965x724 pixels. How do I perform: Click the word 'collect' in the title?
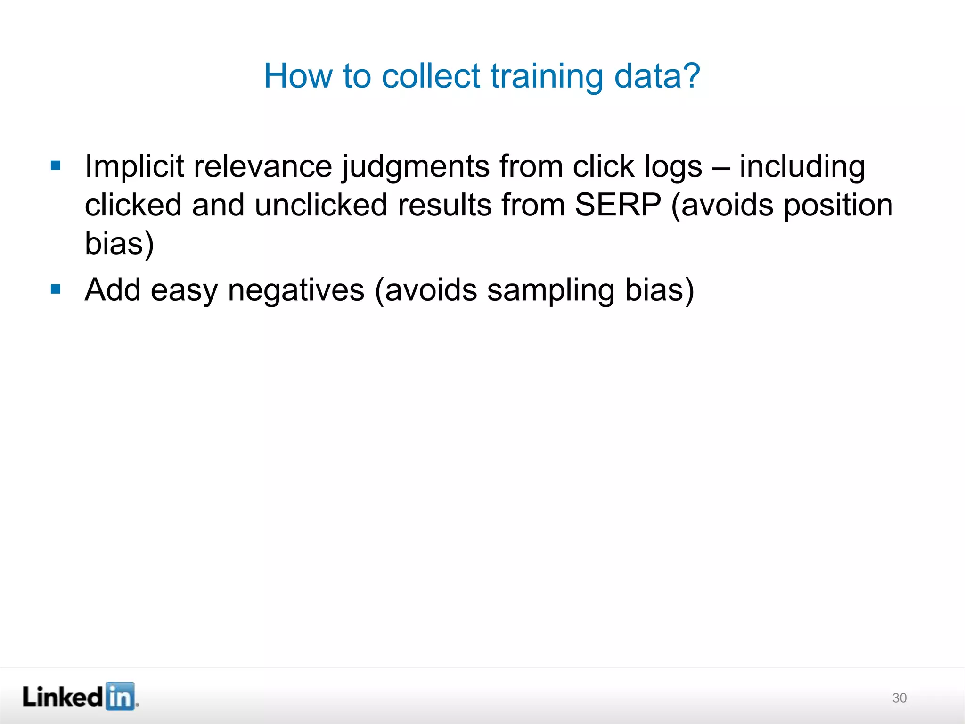[x=430, y=76]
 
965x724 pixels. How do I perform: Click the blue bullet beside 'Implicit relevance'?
[x=56, y=165]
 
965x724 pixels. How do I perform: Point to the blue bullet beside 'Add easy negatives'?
[x=56, y=288]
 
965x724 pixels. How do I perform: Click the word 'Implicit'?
[x=134, y=167]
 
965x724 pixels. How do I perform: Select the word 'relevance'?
[x=262, y=167]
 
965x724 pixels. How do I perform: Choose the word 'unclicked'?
[x=321, y=205]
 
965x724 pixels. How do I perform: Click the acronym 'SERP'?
[x=618, y=205]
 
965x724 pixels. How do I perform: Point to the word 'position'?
[x=838, y=206]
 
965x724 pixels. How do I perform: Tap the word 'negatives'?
[x=296, y=290]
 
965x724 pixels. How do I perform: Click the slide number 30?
[x=899, y=698]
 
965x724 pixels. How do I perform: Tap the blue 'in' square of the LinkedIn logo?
[x=120, y=696]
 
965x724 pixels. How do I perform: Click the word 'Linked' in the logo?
[x=63, y=697]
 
